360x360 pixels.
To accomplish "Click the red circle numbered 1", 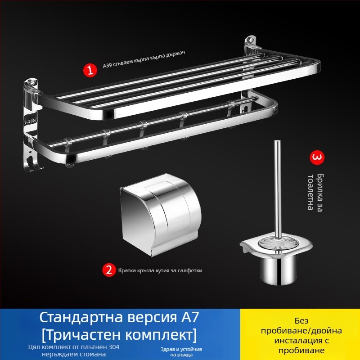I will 90,70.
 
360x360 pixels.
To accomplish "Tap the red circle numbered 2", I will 108,270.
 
